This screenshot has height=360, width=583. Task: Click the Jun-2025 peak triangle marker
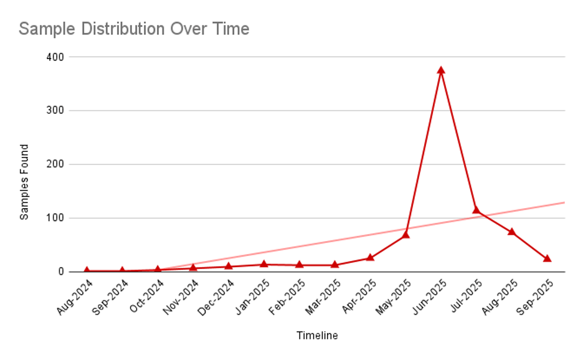pos(441,70)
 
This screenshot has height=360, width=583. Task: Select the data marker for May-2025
pos(405,234)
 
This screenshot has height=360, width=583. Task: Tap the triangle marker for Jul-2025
pos(476,210)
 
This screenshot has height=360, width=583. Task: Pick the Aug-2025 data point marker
pos(511,231)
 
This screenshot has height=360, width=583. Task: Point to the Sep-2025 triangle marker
pos(547,258)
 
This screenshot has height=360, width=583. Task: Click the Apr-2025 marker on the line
pos(370,257)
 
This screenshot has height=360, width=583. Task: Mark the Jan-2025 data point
pos(264,264)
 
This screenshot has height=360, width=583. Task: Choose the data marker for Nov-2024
pos(193,267)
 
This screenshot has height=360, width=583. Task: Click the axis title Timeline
pos(316,336)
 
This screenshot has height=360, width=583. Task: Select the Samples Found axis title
pos(24,182)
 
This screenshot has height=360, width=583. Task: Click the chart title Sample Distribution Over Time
pos(134,29)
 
